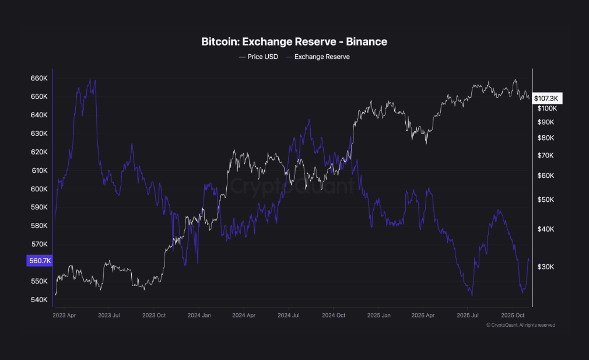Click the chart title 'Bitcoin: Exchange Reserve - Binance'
(x=294, y=41)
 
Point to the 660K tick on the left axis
(x=38, y=78)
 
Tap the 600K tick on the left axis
(x=38, y=189)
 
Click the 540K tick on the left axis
(x=38, y=300)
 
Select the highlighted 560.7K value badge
(x=39, y=261)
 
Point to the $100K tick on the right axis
(x=547, y=109)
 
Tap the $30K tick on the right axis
(x=545, y=267)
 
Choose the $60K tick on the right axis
(x=545, y=176)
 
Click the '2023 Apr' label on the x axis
(x=64, y=315)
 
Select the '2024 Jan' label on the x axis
(x=199, y=315)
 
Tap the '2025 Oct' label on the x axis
(x=513, y=315)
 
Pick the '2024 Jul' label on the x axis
(x=289, y=315)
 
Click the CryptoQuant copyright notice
(x=520, y=325)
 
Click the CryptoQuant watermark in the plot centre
(x=292, y=187)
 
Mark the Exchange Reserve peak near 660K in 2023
(x=89, y=80)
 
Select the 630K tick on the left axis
(x=38, y=134)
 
